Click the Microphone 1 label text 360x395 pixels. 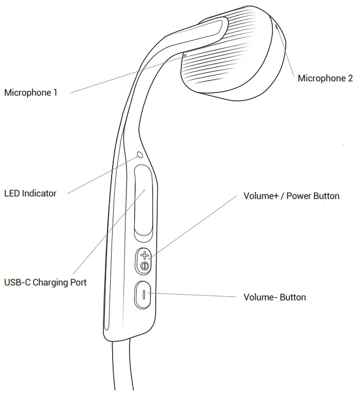pos(31,93)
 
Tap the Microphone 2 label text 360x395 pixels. pos(325,78)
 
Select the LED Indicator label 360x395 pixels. pos(30,193)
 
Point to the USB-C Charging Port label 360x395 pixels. pos(46,282)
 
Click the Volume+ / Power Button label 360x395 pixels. pos(291,196)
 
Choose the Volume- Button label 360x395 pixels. pos(274,297)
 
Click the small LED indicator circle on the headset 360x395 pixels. pos(140,155)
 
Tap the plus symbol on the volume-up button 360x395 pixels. pos(144,255)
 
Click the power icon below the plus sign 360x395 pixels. pos(144,266)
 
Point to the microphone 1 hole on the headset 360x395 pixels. pos(185,55)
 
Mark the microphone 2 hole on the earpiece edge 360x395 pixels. pos(277,27)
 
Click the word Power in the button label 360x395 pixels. pos(298,196)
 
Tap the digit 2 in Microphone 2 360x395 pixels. pos(350,78)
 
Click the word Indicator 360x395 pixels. pos(39,193)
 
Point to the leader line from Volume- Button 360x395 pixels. pos(192,295)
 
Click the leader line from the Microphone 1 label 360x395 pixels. pos(127,75)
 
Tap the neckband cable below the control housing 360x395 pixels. pos(123,365)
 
